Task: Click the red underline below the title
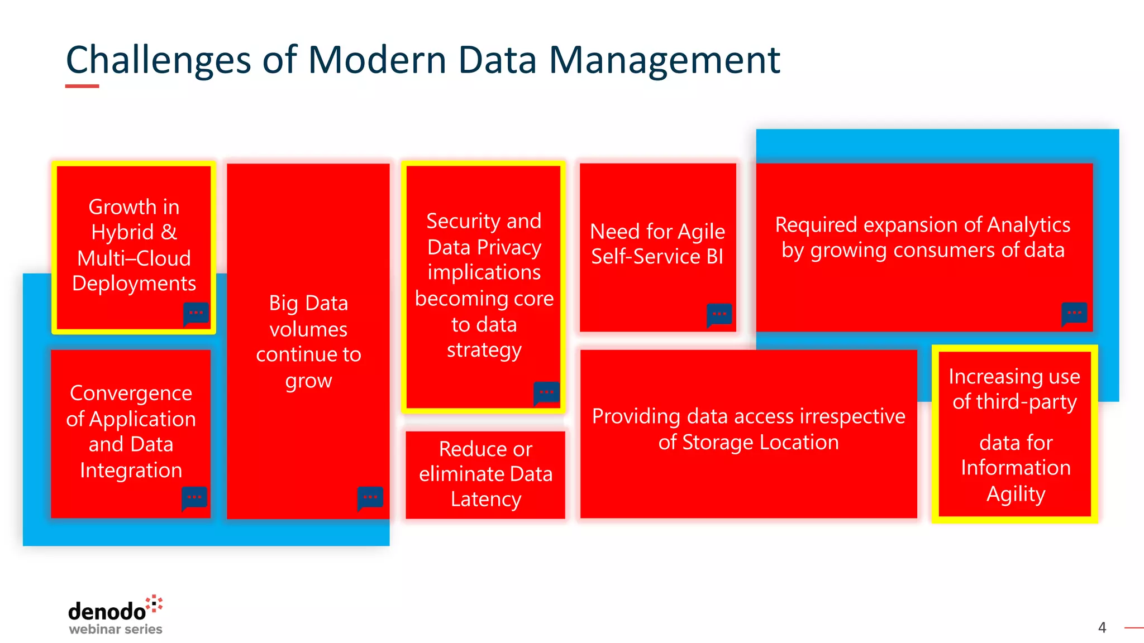pyautogui.click(x=82, y=86)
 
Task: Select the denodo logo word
pyautogui.click(x=107, y=612)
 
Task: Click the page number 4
pyautogui.click(x=1102, y=627)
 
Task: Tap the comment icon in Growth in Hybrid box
pyautogui.click(x=196, y=314)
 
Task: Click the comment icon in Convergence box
pyautogui.click(x=194, y=497)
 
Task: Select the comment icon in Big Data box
pyautogui.click(x=370, y=497)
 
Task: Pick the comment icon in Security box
pyautogui.click(x=546, y=393)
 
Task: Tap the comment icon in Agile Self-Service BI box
pyautogui.click(x=719, y=315)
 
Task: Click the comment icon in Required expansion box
pyautogui.click(x=1074, y=314)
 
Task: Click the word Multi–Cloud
pyautogui.click(x=134, y=258)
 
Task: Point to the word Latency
pyautogui.click(x=485, y=499)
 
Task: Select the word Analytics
pyautogui.click(x=1028, y=224)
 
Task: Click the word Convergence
pyautogui.click(x=131, y=393)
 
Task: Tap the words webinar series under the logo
pyautogui.click(x=115, y=629)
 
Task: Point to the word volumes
pyautogui.click(x=308, y=329)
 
